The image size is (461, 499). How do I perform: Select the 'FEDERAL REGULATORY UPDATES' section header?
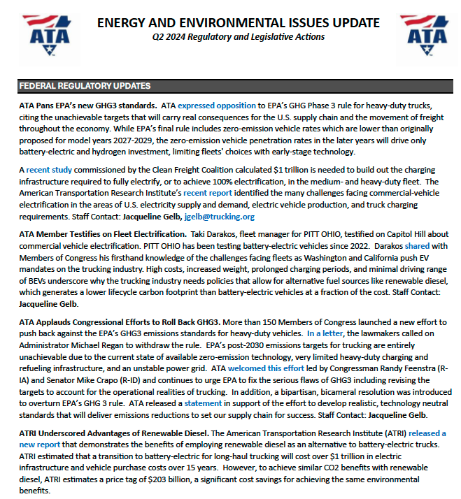85,86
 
